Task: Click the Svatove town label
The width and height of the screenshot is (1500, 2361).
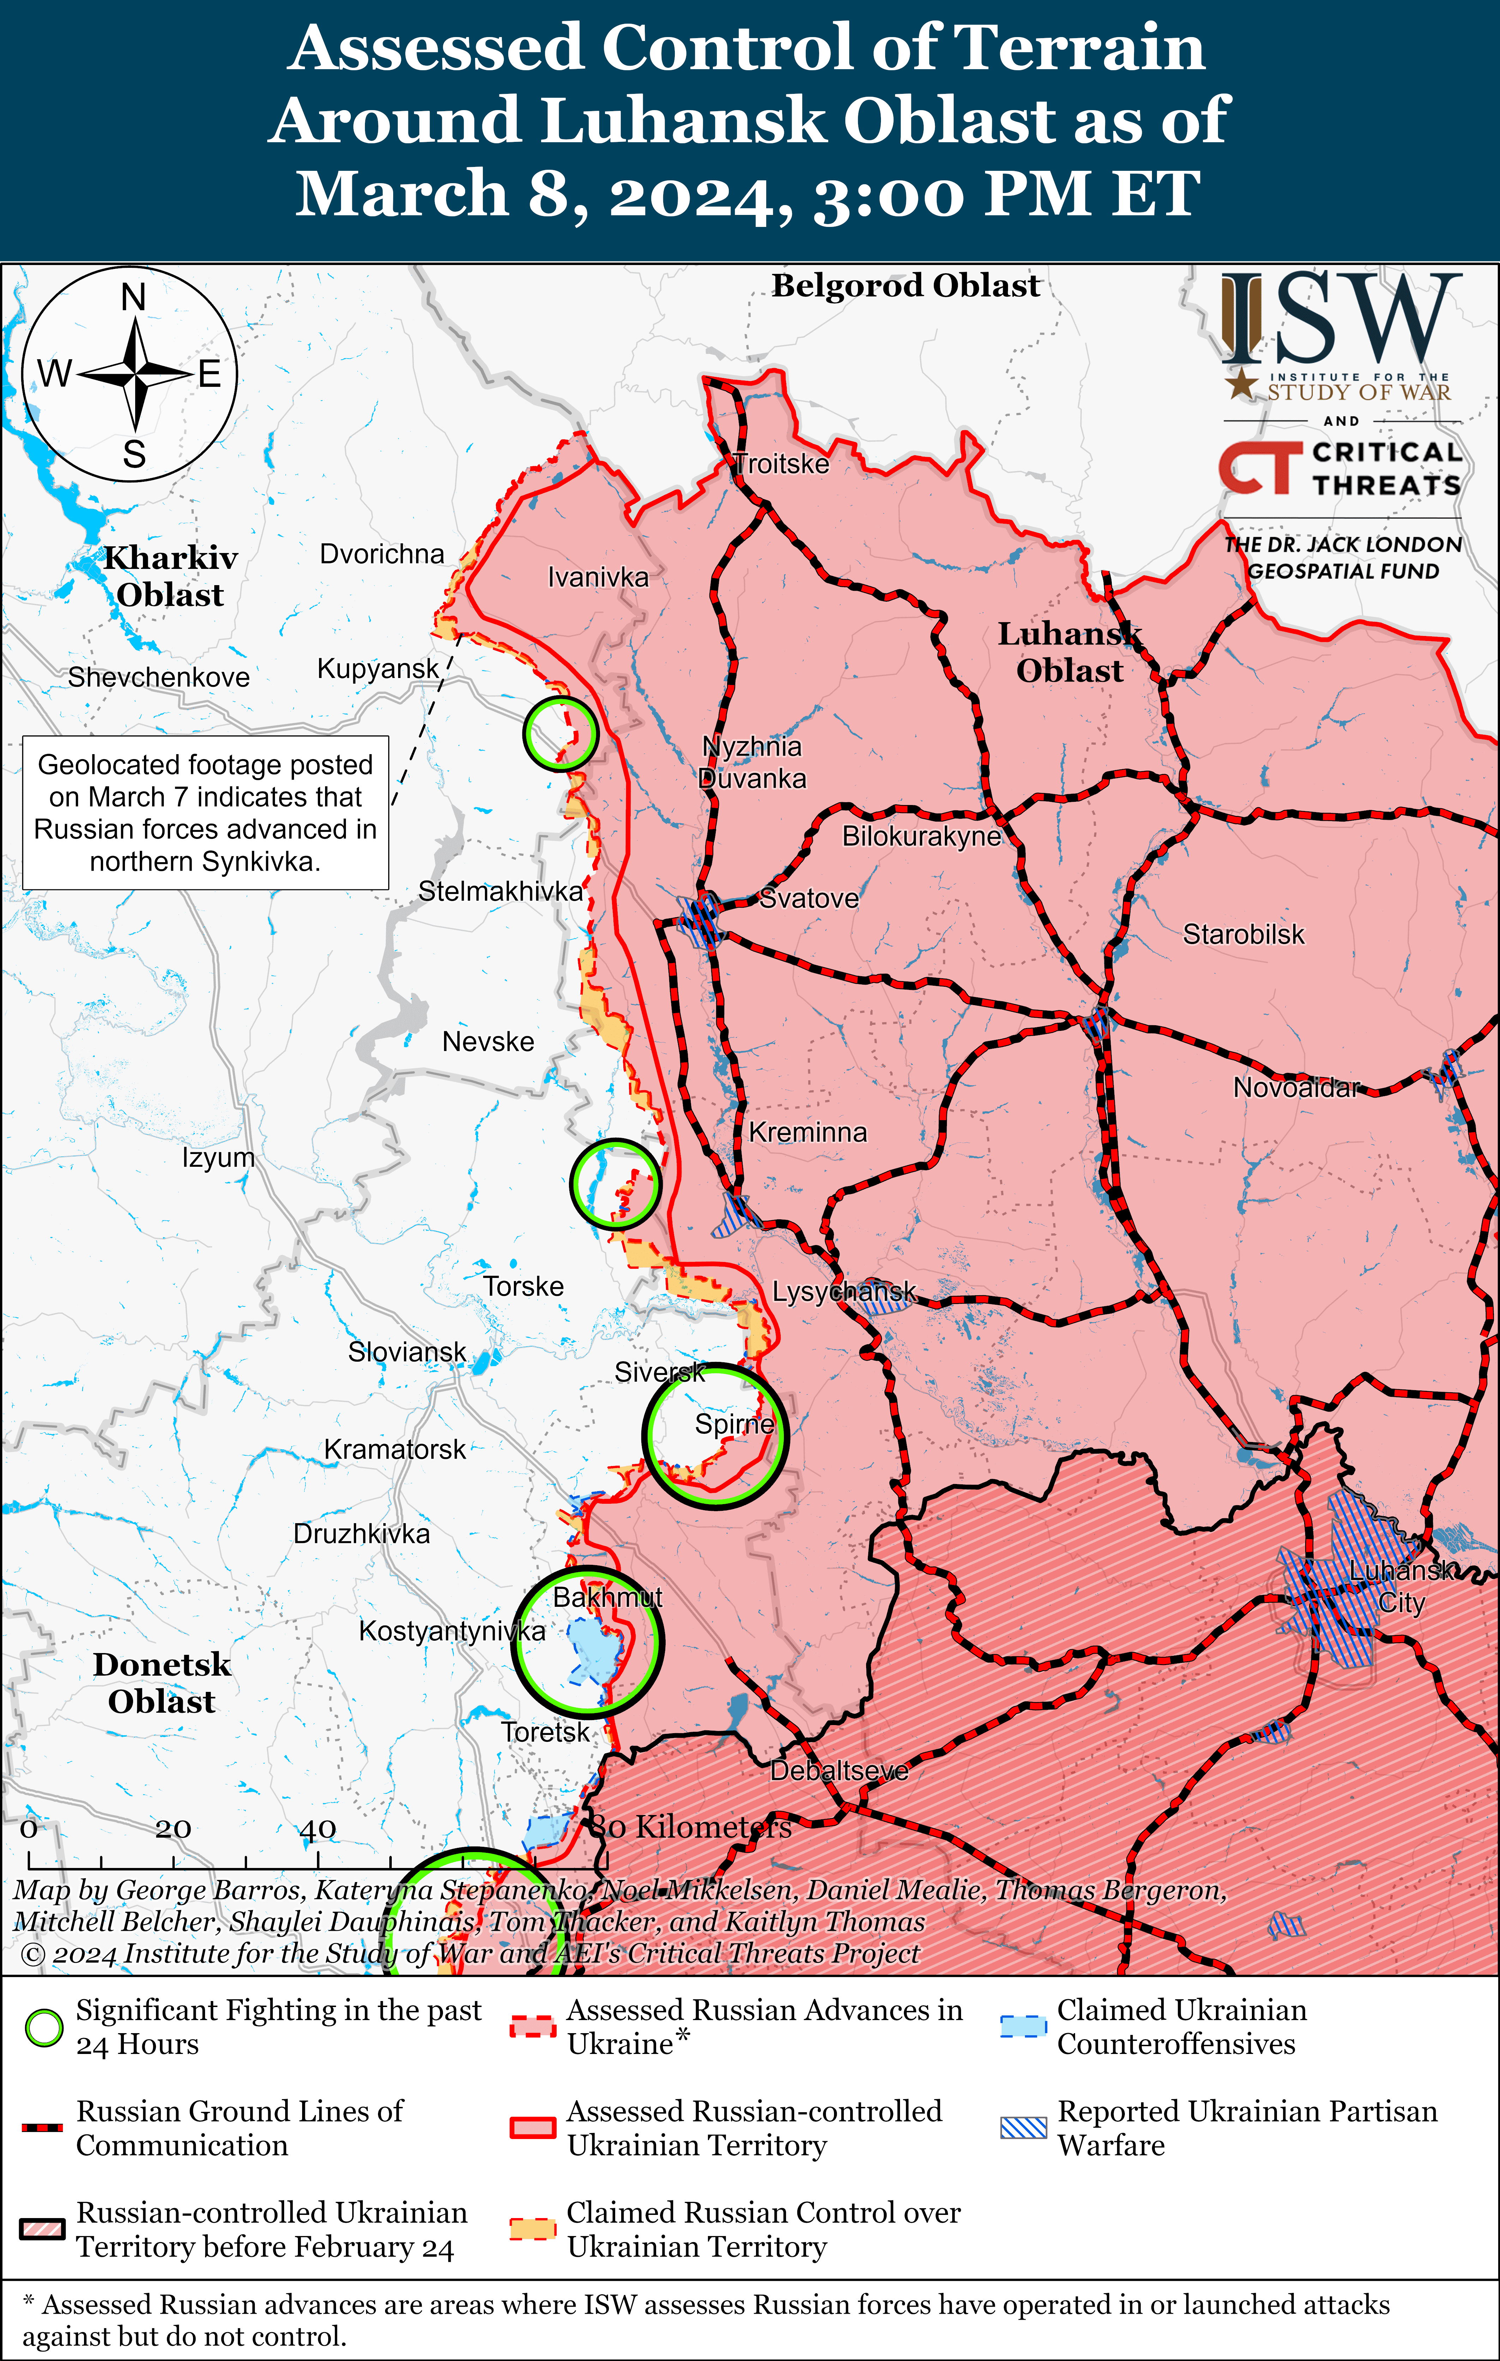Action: click(x=809, y=898)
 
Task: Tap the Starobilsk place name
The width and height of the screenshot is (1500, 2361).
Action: click(x=1243, y=935)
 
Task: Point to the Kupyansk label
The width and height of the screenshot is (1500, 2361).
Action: click(x=377, y=669)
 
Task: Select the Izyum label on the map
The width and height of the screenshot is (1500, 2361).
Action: click(x=218, y=1158)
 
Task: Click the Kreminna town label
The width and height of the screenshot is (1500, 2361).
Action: click(x=808, y=1133)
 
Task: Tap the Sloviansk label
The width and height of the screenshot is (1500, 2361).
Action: click(x=407, y=1352)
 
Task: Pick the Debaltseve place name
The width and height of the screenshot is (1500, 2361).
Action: click(x=839, y=1771)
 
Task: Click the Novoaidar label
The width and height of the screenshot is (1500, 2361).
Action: click(x=1296, y=1087)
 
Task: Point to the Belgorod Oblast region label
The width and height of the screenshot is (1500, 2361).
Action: click(x=905, y=285)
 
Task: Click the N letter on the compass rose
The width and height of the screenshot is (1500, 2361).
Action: click(x=133, y=297)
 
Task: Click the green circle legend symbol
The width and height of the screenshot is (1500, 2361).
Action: click(x=44, y=2027)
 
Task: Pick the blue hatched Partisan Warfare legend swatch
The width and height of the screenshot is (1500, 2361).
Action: click(x=1022, y=2128)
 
